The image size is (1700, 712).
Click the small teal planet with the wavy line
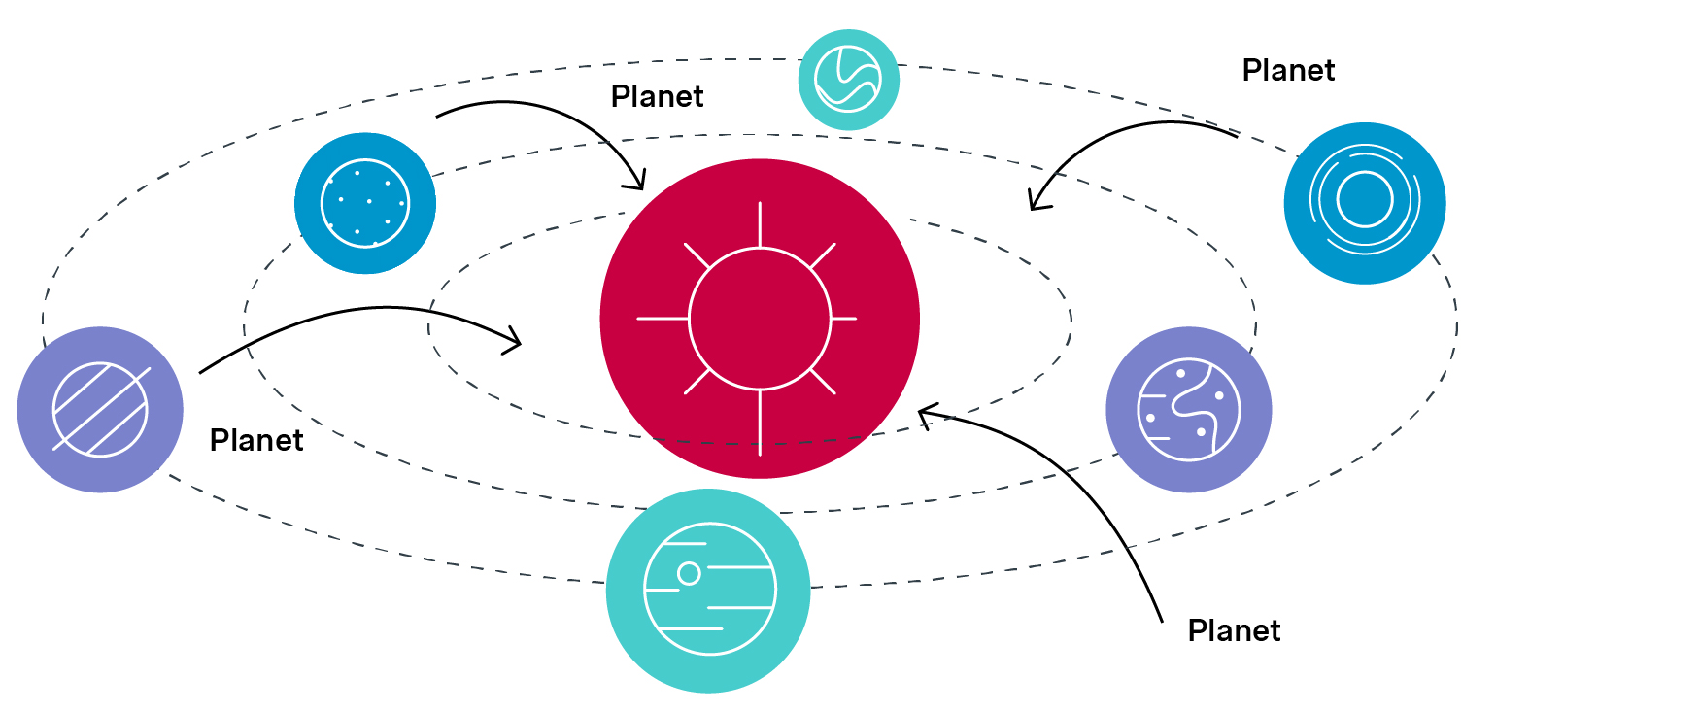tap(848, 80)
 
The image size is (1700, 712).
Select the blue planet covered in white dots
tap(365, 203)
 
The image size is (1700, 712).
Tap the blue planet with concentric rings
tap(1364, 203)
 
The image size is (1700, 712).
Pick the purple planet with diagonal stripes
tap(100, 410)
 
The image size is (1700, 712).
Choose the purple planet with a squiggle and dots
tap(1188, 410)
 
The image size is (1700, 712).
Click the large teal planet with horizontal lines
tap(708, 591)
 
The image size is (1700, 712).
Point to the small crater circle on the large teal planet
tap(689, 573)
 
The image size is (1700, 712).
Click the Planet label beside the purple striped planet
tap(256, 440)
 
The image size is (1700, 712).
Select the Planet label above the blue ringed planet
tap(1288, 70)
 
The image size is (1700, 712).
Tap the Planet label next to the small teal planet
tap(657, 96)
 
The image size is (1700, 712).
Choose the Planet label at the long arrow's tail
tap(1234, 630)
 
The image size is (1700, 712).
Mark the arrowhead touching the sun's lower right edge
tap(924, 415)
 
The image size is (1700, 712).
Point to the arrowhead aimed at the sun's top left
tap(638, 183)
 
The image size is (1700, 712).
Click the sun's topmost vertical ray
tap(760, 224)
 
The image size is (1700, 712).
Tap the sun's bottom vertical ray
tap(760, 423)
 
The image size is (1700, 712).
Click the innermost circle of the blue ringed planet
tap(1364, 199)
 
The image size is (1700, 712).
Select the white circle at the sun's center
tap(760, 319)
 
